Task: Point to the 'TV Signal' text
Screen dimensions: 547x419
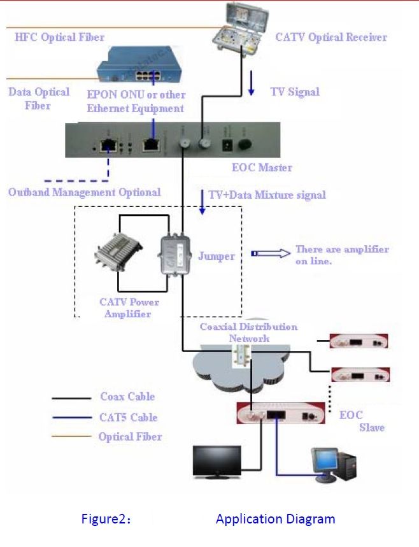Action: click(x=295, y=92)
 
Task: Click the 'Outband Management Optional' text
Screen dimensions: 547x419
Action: click(x=85, y=192)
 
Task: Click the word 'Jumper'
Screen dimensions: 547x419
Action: click(x=216, y=256)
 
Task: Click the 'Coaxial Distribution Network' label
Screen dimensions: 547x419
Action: click(x=248, y=332)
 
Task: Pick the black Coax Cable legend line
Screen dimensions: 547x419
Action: click(x=71, y=398)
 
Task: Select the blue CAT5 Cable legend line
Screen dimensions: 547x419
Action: click(x=71, y=418)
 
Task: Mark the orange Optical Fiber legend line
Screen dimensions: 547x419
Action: click(x=71, y=437)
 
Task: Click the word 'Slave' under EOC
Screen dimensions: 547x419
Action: click(x=371, y=428)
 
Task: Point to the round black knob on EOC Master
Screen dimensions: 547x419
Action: click(x=243, y=145)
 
